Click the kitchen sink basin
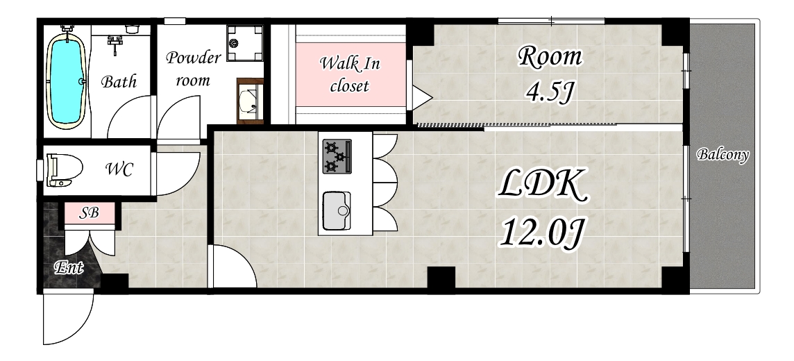(337, 210)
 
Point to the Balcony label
(723, 155)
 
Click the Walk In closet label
(350, 74)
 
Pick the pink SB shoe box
(90, 213)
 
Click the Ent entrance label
(68, 267)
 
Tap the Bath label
(119, 81)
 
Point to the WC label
(119, 169)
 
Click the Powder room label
(193, 68)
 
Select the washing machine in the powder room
(245, 43)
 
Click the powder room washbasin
(250, 101)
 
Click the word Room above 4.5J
(550, 57)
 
